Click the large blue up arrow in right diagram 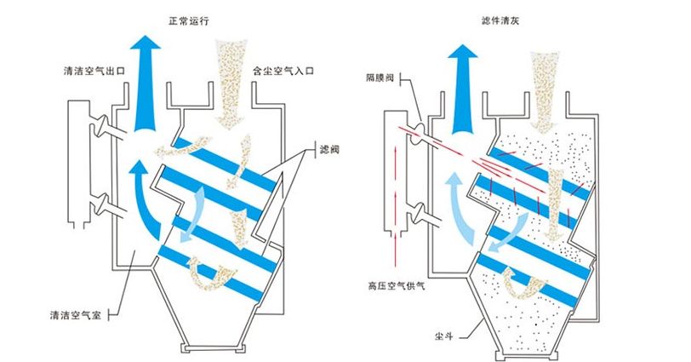(463, 81)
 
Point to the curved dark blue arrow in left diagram (140, 196)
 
